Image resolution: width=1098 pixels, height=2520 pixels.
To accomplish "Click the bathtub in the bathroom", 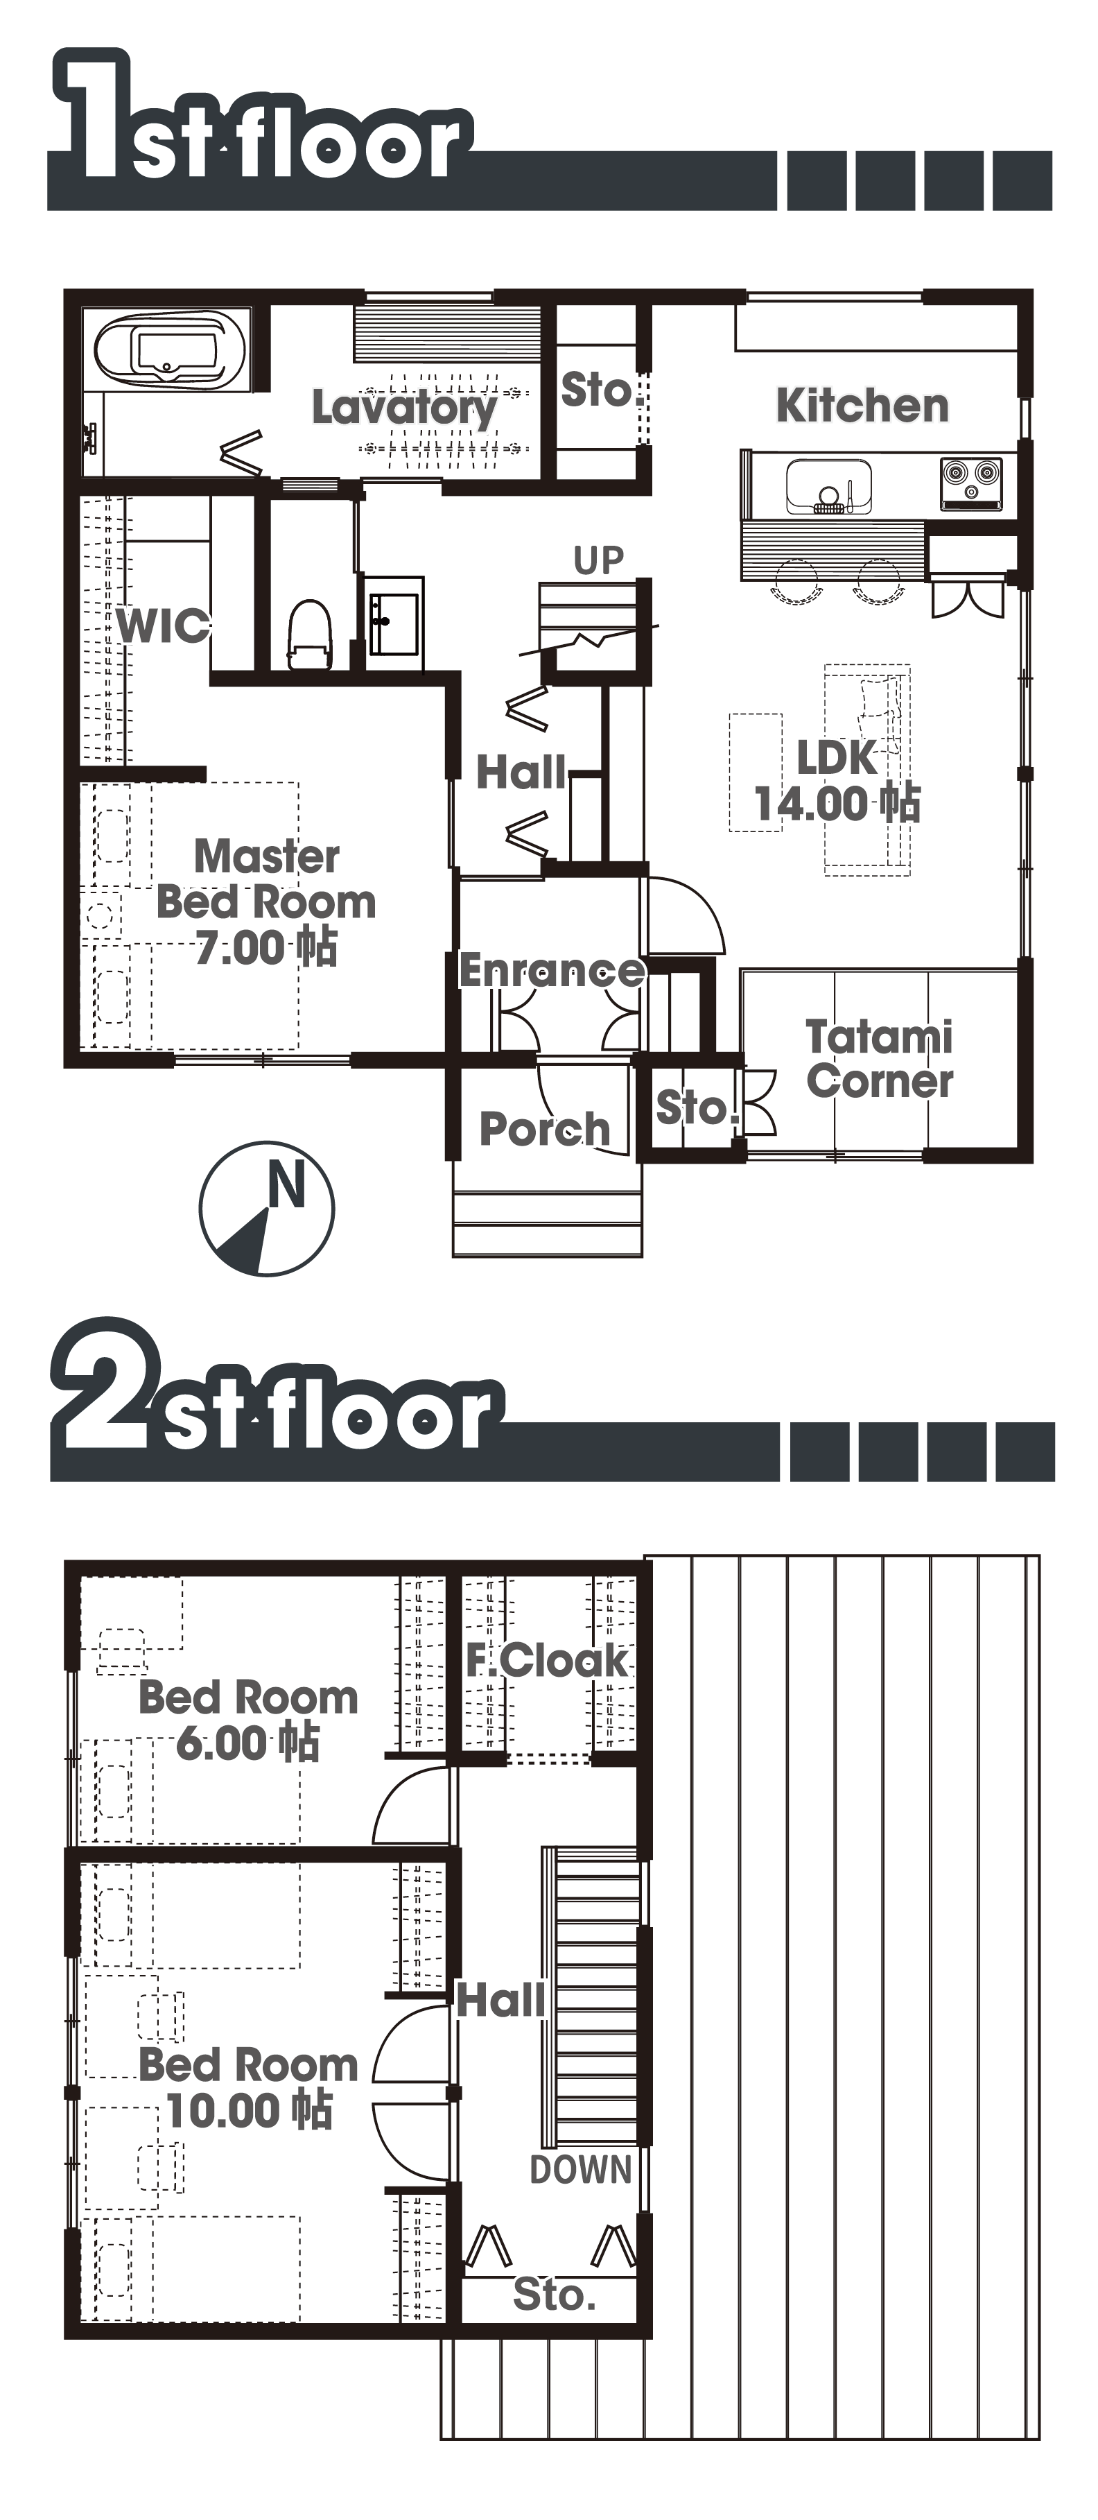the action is [x=168, y=350].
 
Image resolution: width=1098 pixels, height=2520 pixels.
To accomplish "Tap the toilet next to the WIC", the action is [x=309, y=634].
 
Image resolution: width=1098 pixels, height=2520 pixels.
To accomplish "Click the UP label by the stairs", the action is [x=598, y=560].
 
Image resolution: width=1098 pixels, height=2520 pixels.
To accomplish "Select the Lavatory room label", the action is [x=405, y=408].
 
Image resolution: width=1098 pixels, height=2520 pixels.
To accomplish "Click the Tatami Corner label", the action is [x=880, y=1060].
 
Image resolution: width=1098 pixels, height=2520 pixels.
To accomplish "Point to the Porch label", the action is [x=545, y=1129].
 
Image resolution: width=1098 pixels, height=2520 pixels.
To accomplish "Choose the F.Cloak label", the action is [x=546, y=1660].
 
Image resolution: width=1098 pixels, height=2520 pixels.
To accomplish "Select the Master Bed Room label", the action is [x=266, y=902].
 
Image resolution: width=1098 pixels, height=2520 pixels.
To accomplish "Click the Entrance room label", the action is [x=552, y=970].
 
